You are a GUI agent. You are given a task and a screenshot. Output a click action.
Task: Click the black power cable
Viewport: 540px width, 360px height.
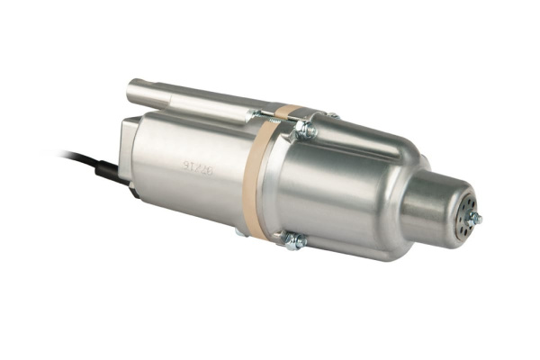point(76,157)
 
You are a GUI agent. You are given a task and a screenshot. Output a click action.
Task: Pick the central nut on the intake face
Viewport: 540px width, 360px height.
point(476,219)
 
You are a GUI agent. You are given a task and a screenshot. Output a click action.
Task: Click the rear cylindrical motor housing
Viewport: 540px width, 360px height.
point(189,175)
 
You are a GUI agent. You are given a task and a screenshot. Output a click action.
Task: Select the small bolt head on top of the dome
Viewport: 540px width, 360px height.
point(333,115)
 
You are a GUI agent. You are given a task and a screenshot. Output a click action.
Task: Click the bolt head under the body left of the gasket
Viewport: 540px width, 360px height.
point(240,231)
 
